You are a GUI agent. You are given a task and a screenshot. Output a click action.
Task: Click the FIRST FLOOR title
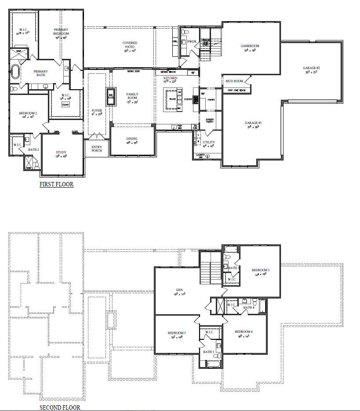click(56, 185)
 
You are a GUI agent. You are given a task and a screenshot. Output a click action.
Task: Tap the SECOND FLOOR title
click(60, 407)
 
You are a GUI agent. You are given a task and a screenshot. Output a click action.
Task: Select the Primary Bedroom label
click(62, 32)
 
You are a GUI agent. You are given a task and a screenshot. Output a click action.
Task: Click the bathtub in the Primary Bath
click(15, 72)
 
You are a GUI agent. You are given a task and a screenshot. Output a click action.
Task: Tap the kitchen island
click(173, 99)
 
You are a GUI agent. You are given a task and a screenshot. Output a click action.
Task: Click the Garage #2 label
click(311, 68)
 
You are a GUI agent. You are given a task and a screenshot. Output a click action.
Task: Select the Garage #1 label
click(253, 123)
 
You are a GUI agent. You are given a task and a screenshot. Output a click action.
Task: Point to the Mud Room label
click(234, 81)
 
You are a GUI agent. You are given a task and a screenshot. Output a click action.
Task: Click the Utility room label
click(208, 142)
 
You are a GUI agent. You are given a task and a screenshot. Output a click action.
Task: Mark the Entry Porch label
click(97, 149)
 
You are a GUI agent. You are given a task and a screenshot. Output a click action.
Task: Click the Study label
click(61, 153)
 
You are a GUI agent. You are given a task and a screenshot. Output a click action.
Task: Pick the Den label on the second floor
click(179, 290)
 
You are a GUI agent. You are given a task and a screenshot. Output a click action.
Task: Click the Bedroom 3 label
click(260, 270)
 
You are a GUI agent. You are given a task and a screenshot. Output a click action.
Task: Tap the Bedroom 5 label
click(177, 333)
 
